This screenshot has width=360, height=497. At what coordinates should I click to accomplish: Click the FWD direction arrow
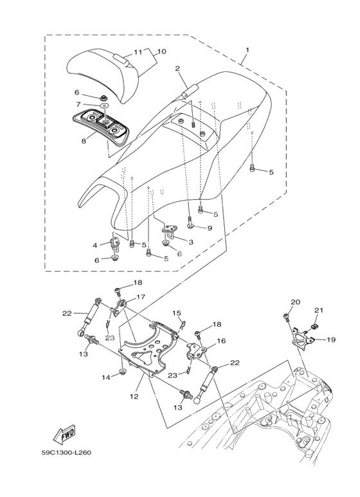point(64,433)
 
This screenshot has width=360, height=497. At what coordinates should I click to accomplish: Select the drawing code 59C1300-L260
point(66,453)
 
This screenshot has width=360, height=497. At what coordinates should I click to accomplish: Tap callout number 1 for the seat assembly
point(248,50)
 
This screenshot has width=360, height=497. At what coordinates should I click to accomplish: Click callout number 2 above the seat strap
point(177,68)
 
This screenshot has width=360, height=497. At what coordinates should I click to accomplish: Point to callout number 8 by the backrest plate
point(84,141)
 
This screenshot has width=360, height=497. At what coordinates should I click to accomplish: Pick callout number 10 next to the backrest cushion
point(161,51)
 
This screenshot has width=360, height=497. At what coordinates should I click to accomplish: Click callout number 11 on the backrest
point(138,52)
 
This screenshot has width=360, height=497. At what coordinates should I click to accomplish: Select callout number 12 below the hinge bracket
point(134,396)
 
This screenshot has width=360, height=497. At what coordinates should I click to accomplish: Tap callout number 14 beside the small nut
point(106,377)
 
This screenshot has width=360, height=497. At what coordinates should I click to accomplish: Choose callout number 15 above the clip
point(177,313)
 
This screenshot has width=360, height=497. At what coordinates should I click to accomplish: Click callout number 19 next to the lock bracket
point(331,339)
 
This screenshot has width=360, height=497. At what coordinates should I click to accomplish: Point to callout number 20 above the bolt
point(295,302)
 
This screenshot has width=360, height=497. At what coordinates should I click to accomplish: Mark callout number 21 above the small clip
point(319,311)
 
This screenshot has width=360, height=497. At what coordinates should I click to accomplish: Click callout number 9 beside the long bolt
point(210,228)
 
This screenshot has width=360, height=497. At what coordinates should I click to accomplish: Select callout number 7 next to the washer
point(78,104)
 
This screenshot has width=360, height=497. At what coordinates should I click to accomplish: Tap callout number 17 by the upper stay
point(140,297)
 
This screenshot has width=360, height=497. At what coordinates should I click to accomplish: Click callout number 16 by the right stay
point(221,341)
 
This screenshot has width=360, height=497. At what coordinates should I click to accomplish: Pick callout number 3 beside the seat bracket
point(191,242)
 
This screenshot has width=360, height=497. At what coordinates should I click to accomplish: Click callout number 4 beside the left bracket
point(94,244)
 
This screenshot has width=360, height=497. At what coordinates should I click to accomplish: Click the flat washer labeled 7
point(104,105)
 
